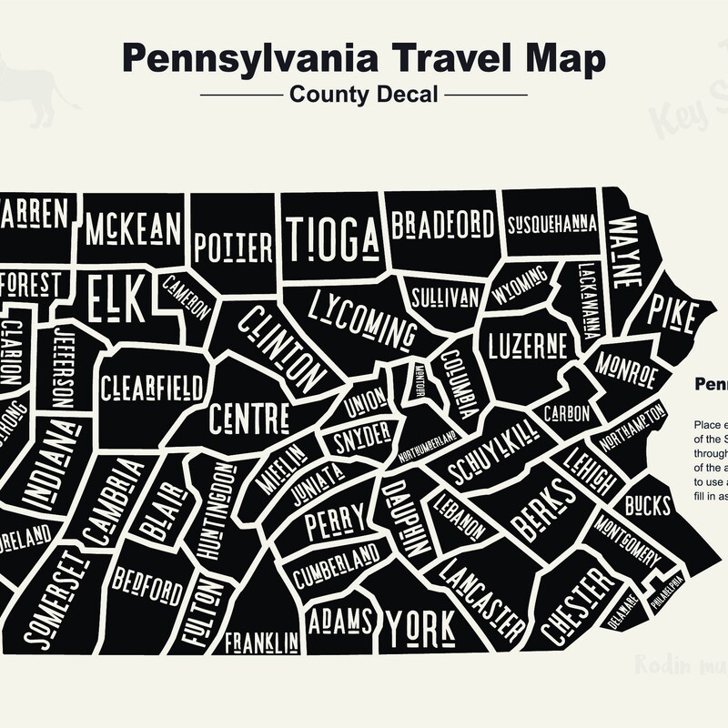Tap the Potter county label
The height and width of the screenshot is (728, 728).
click(x=234, y=247)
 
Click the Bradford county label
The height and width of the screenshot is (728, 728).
click(x=443, y=224)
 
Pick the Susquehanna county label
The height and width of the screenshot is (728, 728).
click(x=551, y=224)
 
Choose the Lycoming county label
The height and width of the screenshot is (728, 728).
click(x=356, y=316)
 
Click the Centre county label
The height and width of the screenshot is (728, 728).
click(x=249, y=419)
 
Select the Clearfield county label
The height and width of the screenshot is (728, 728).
click(x=152, y=388)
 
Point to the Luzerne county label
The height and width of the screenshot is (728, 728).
click(x=528, y=346)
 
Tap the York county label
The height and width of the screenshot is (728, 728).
click(x=420, y=625)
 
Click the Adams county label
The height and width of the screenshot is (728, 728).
click(x=341, y=621)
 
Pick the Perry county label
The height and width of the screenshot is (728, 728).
click(x=334, y=525)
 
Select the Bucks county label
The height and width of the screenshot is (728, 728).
click(x=647, y=506)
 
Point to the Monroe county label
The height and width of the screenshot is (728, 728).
click(x=627, y=369)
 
